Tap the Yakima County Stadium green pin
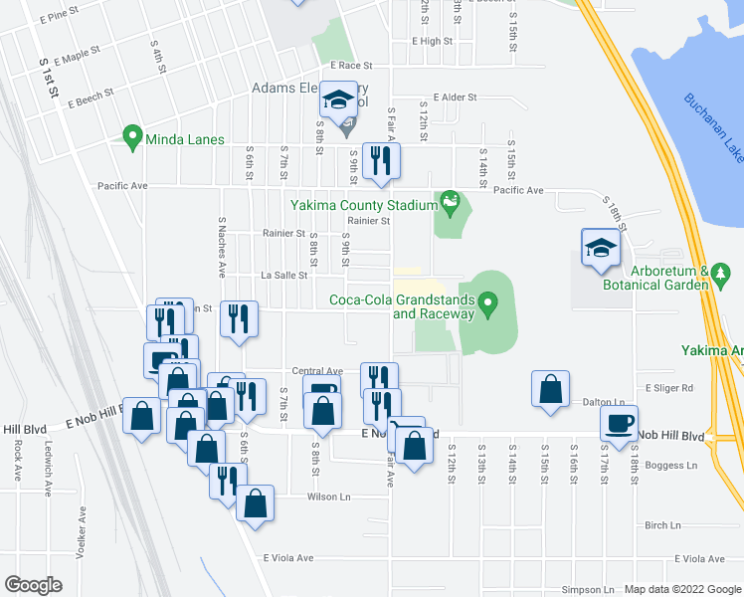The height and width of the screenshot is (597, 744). point(450,204)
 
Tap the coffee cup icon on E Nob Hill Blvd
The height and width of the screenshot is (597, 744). point(619,422)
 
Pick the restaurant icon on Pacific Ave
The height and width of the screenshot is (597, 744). point(381,161)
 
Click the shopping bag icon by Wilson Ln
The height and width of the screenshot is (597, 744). point(256,502)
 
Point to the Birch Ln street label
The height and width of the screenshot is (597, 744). point(662,525)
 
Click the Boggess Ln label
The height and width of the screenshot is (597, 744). point(671,465)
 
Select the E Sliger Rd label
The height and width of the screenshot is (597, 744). point(668,388)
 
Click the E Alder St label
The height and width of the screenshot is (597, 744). point(449,98)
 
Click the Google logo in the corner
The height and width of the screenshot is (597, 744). point(33,585)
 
